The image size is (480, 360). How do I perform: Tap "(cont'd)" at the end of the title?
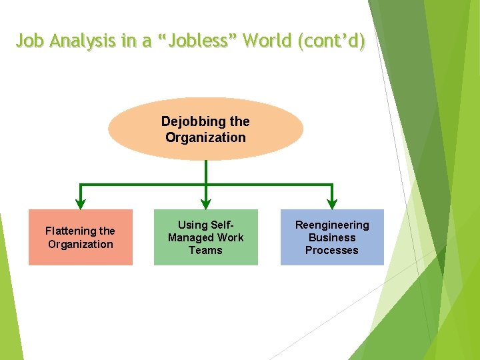coord(333,41)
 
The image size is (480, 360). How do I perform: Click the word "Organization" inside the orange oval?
coord(205,137)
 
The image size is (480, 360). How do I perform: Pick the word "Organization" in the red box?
coord(80,244)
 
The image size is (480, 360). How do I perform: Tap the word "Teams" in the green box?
coord(205,250)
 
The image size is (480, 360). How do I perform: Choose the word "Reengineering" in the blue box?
coord(332,225)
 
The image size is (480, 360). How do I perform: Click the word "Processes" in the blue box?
coord(332,250)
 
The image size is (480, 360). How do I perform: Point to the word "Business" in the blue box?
coord(332,237)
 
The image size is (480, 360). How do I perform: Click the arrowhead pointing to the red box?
coord(81,203)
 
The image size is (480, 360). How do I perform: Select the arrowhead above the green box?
coord(206,203)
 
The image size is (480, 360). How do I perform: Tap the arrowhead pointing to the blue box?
coord(332,203)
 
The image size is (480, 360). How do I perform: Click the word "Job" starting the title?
coord(31,41)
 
